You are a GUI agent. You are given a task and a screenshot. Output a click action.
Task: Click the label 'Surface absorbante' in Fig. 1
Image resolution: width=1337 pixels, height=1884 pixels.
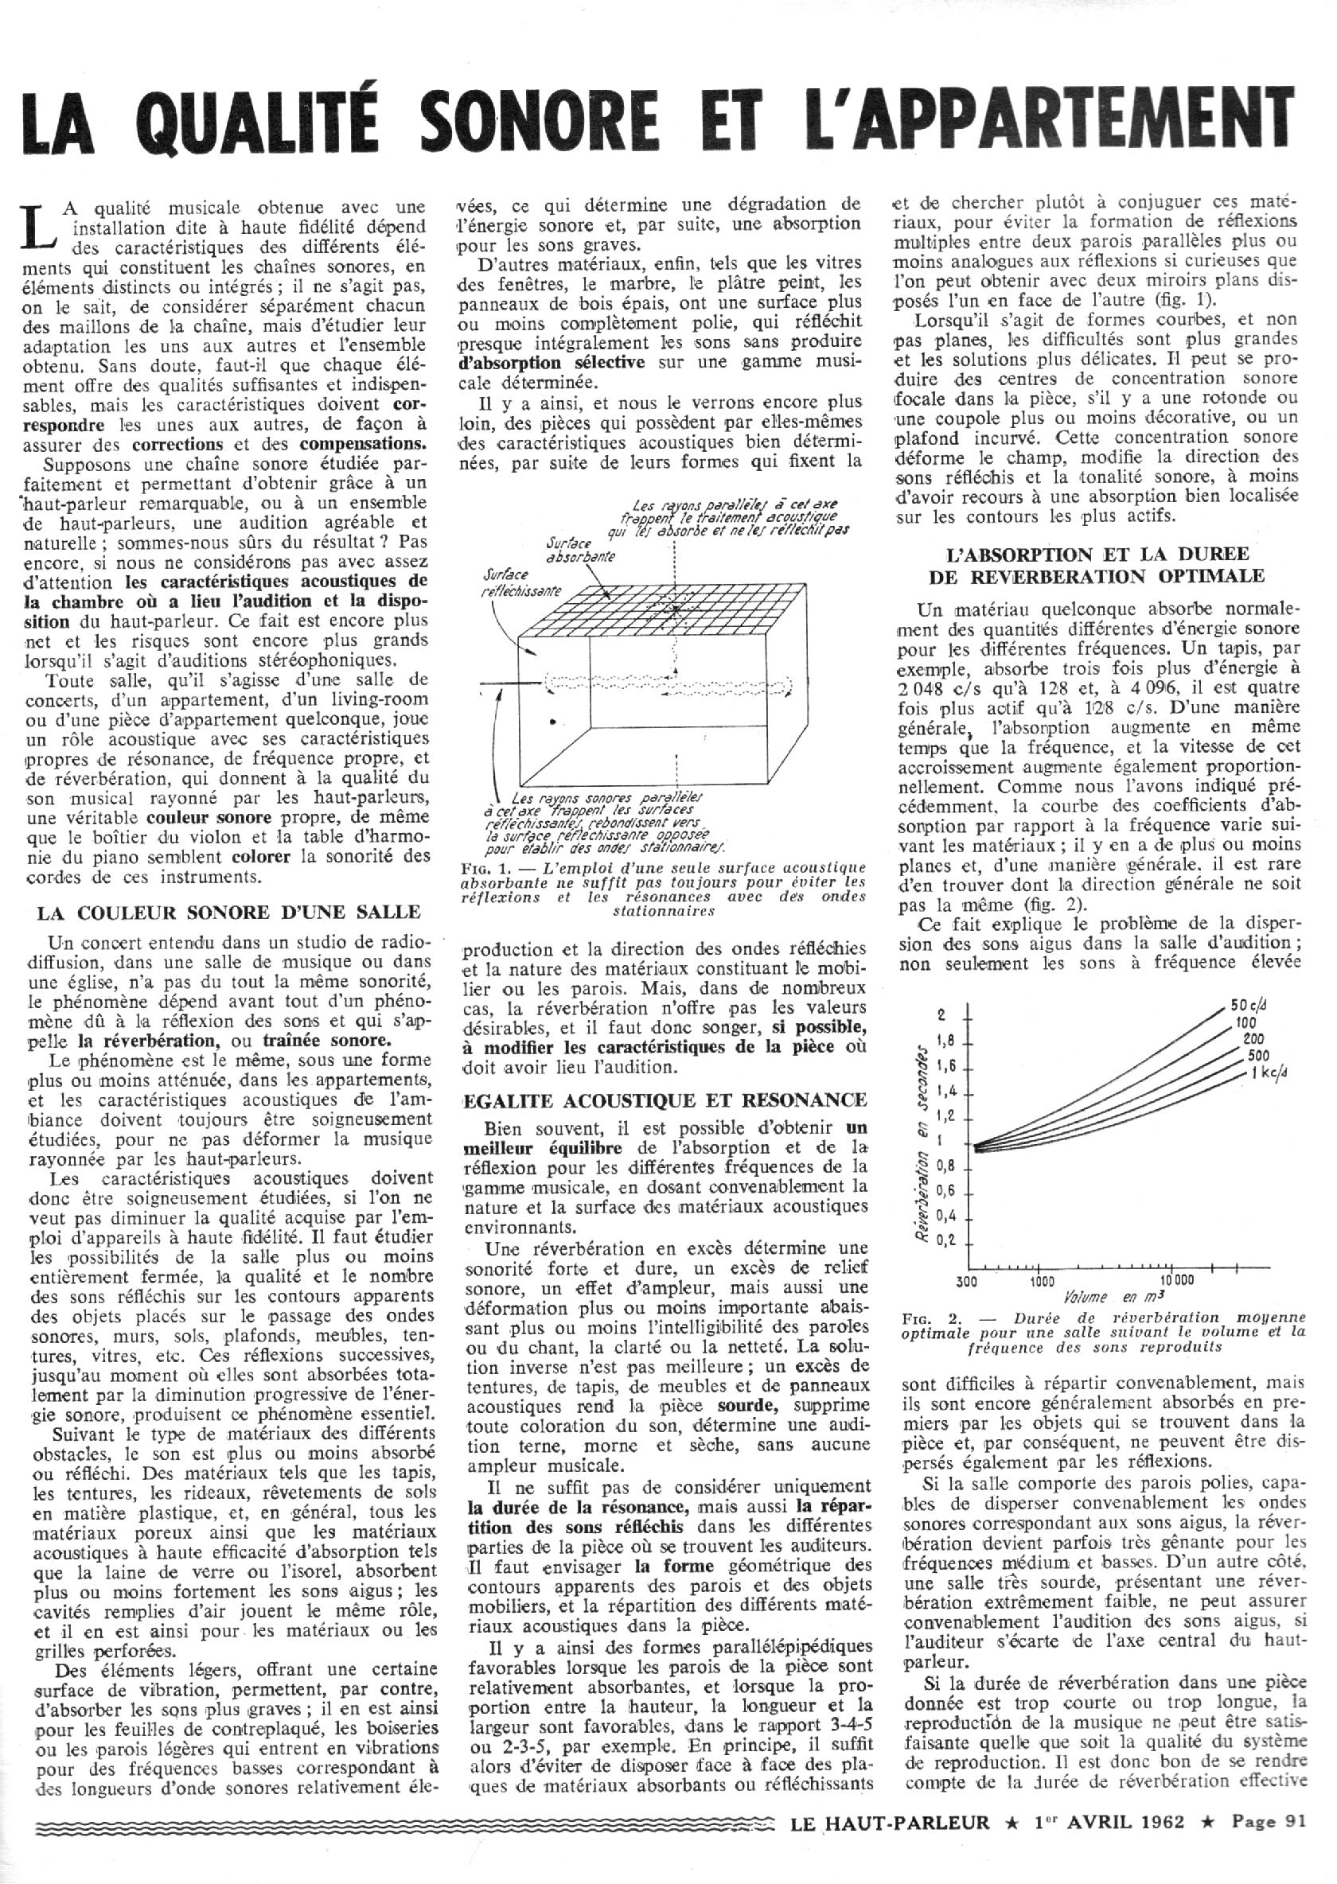point(580,550)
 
